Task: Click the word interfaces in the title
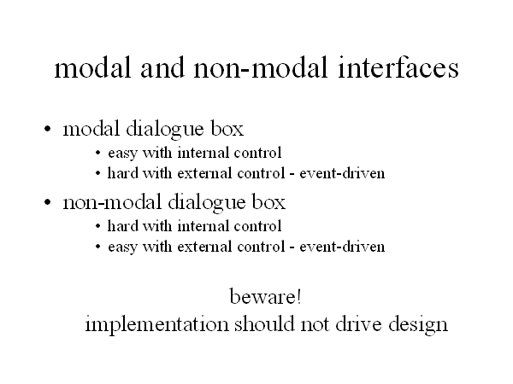pos(398,67)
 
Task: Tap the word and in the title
pos(162,67)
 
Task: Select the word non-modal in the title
pos(261,67)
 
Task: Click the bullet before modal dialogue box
pos(48,129)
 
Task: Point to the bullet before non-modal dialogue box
pos(48,202)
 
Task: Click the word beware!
pos(265,297)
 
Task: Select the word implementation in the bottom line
pos(156,325)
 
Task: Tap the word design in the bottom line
pos(418,325)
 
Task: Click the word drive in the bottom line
pos(358,324)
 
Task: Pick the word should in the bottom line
pos(264,324)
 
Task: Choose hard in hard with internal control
pos(122,226)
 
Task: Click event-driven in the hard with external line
pos(342,173)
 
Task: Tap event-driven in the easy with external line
pos(342,247)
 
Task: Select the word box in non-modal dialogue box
pos(268,202)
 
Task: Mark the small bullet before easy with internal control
pos(97,153)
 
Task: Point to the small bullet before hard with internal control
pos(97,226)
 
